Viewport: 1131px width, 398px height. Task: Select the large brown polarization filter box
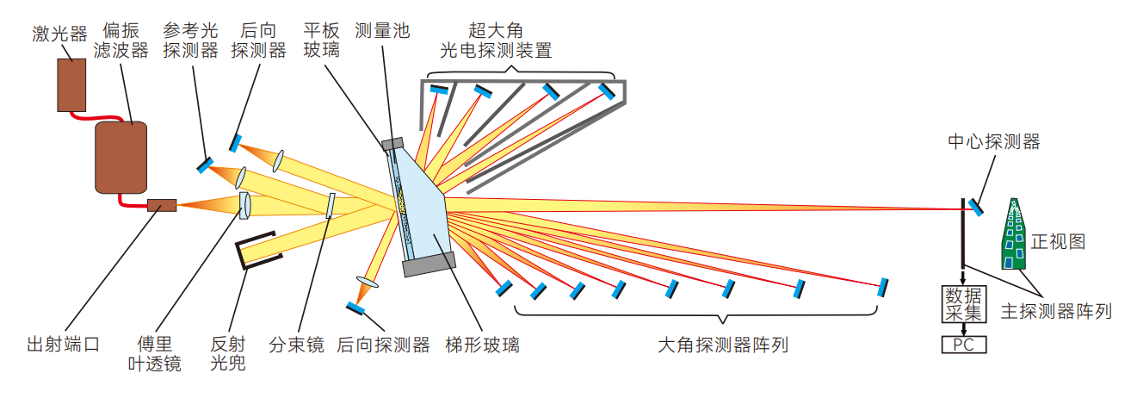[x=119, y=156]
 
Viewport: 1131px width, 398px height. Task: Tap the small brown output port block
[x=161, y=205]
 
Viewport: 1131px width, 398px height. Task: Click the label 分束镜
[x=296, y=345]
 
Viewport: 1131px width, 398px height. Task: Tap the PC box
[x=963, y=345]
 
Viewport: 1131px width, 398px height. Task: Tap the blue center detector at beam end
[x=976, y=206]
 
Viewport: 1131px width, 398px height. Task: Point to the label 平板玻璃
[x=321, y=40]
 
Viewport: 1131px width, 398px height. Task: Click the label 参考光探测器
[x=190, y=40]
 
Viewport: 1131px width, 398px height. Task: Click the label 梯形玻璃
[x=482, y=345]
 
